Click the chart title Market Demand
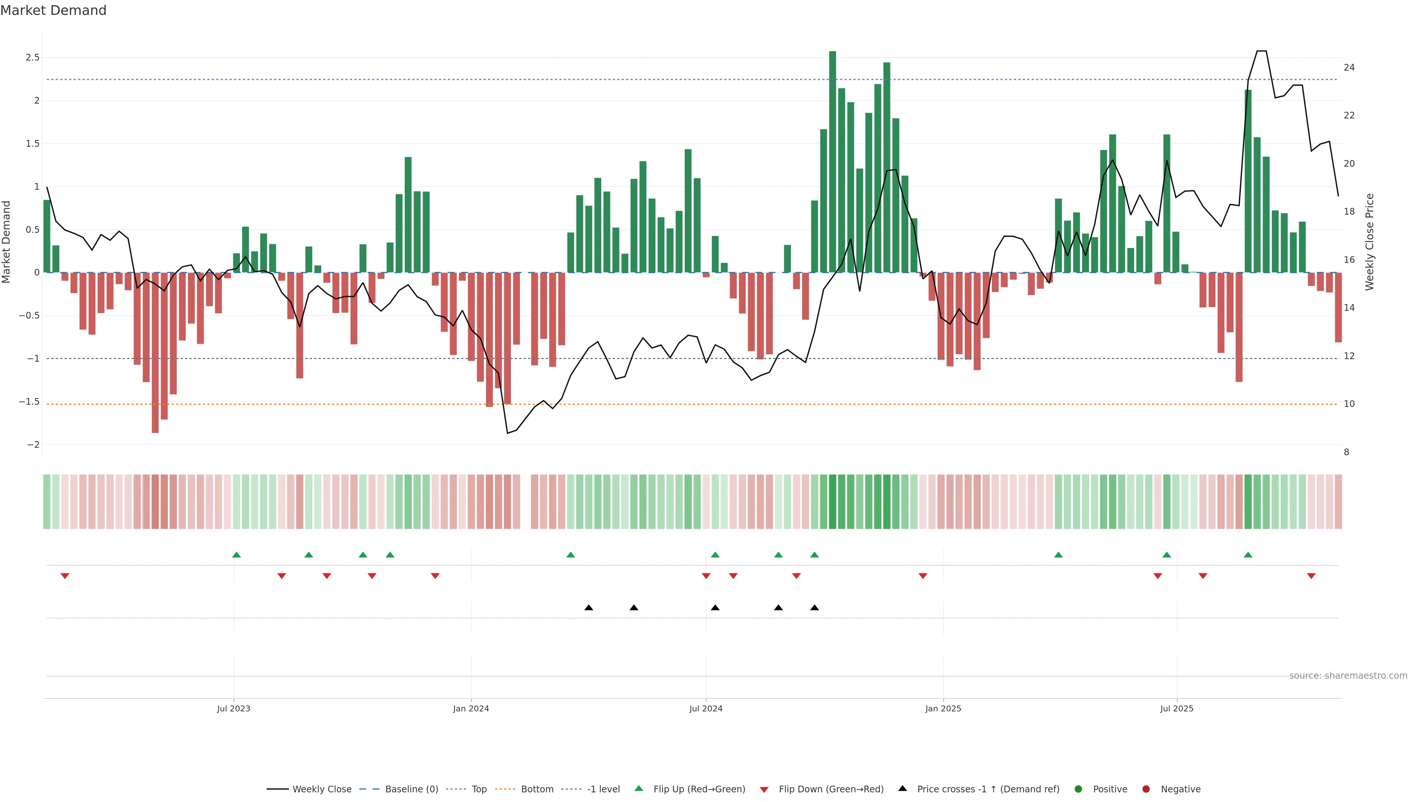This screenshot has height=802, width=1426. (53, 10)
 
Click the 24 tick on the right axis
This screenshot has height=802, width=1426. (1349, 68)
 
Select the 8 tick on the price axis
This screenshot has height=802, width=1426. (1346, 452)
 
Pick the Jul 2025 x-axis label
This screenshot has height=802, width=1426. (1176, 708)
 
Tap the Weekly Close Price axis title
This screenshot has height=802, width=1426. (1370, 242)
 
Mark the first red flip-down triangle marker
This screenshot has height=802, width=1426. (65, 576)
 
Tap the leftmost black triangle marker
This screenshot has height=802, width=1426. (589, 608)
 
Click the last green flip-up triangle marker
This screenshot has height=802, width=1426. (1248, 555)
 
